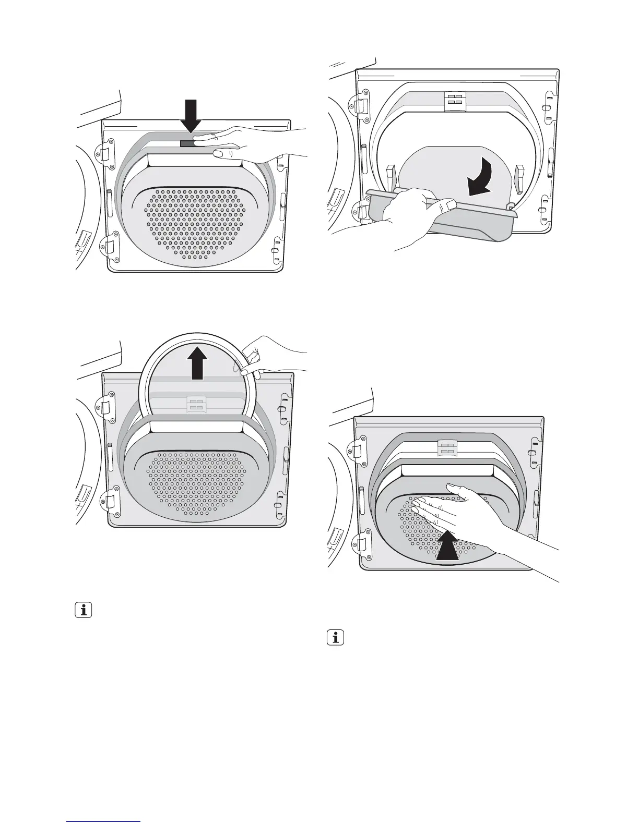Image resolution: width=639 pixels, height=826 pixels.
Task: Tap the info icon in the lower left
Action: point(84,610)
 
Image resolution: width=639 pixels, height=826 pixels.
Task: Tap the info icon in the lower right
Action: point(336,638)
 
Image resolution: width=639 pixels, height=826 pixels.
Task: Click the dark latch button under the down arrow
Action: point(186,143)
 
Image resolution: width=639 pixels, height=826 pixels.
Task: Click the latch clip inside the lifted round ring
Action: point(196,403)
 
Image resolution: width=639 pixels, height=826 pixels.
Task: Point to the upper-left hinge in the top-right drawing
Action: point(362,103)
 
